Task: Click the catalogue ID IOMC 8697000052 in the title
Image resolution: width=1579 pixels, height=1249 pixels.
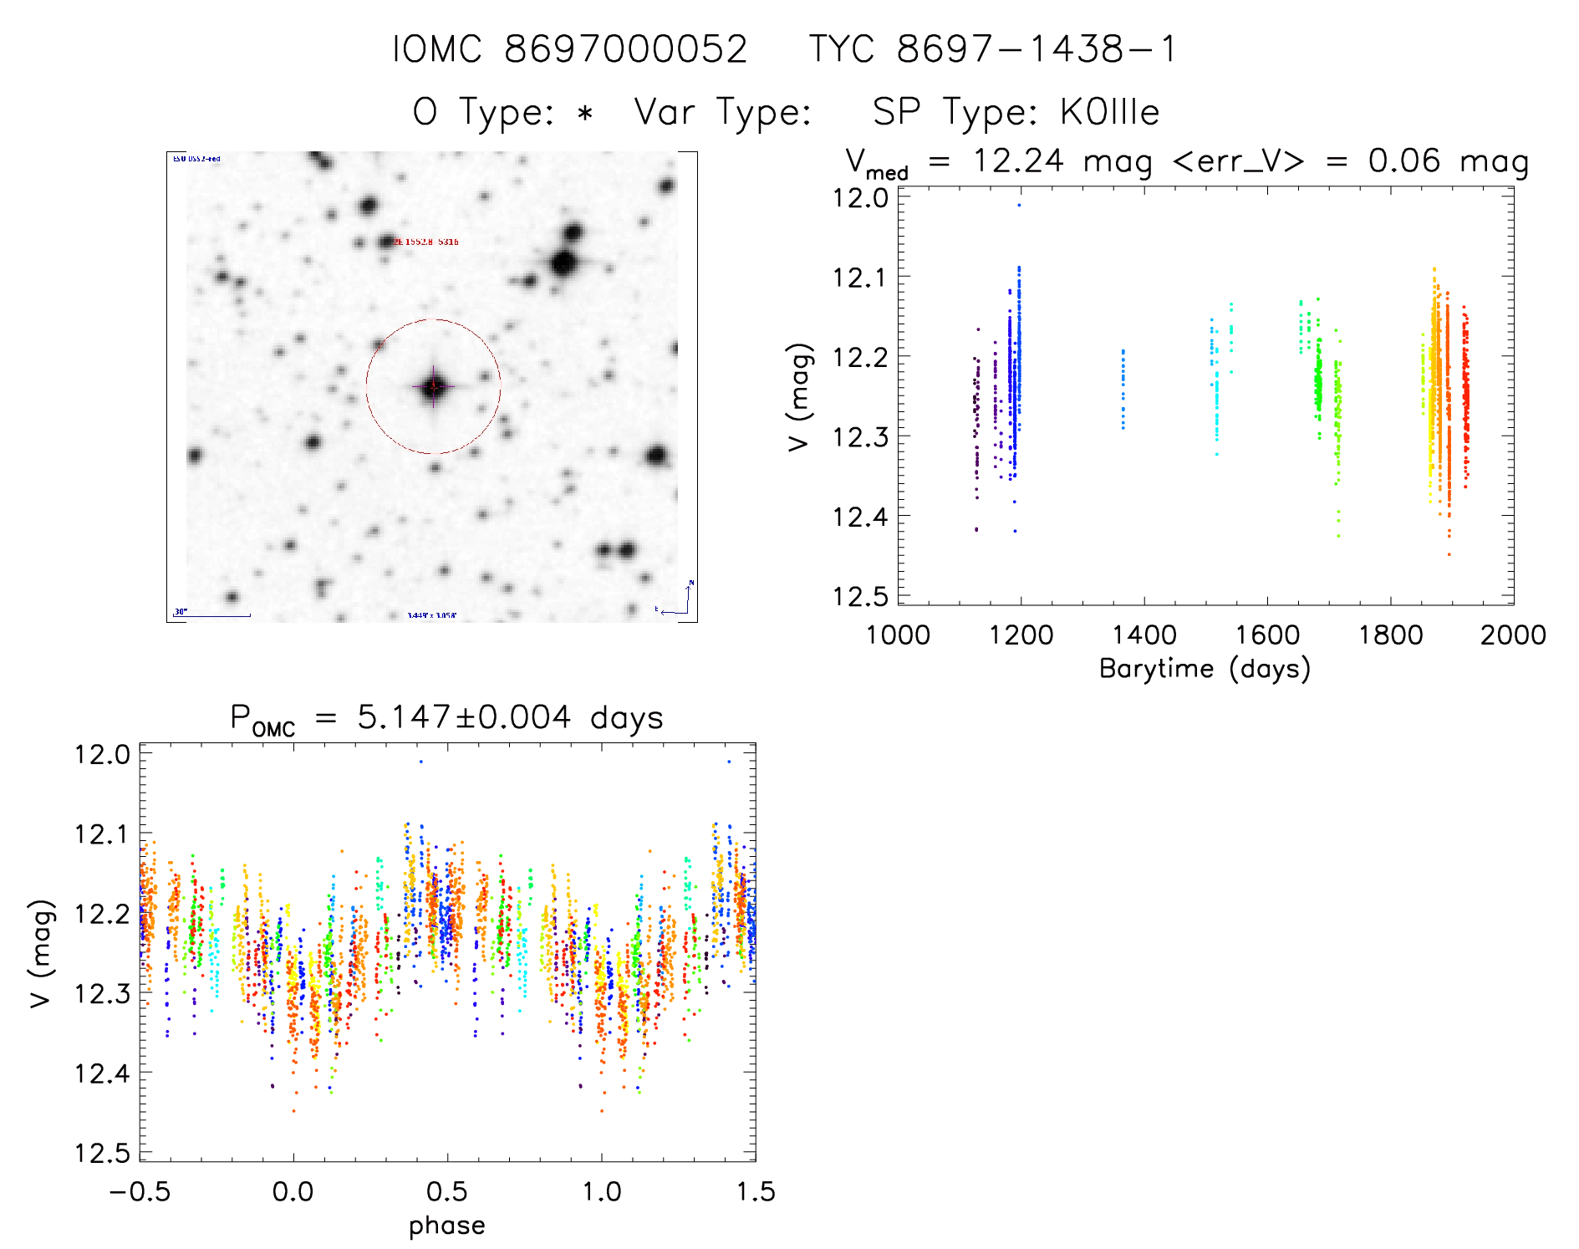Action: point(570,49)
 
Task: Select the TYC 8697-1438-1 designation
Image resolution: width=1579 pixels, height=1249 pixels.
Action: point(993,49)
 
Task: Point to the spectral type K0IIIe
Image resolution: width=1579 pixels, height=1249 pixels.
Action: point(1109,112)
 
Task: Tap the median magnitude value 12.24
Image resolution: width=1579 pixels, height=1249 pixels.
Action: point(1018,161)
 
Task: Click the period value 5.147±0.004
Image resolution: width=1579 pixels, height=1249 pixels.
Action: point(464,717)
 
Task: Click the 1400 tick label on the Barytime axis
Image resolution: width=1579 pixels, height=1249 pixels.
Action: point(1144,635)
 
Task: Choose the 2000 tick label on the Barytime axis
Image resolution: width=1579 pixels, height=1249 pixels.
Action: point(1513,635)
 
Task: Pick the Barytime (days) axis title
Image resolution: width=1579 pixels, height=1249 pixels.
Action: point(1205,669)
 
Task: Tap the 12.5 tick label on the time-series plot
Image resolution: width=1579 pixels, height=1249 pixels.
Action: point(859,596)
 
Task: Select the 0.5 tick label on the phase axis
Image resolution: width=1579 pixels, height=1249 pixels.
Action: point(447,1191)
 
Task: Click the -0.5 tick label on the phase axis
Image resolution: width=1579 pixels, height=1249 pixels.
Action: point(140,1191)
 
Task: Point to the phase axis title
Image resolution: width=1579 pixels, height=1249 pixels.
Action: point(446,1226)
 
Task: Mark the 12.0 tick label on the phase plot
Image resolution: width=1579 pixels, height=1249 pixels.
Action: point(102,755)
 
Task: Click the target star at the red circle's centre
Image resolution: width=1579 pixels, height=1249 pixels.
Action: point(433,386)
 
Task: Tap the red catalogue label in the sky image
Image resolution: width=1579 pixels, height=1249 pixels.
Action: point(426,242)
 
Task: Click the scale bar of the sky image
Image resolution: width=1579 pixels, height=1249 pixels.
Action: point(211,615)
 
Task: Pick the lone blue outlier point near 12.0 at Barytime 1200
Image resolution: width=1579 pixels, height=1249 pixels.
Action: point(1019,205)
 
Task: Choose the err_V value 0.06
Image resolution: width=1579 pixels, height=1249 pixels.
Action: point(1403,161)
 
